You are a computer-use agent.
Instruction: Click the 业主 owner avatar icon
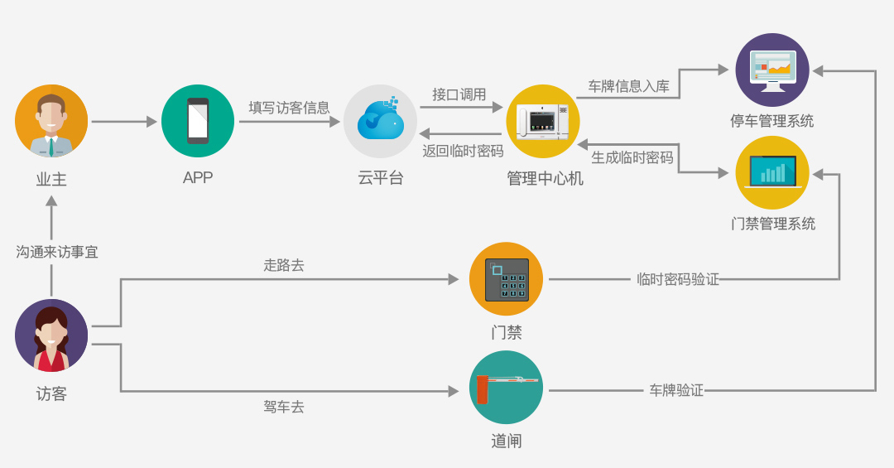(x=51, y=121)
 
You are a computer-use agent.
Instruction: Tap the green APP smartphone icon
(x=198, y=121)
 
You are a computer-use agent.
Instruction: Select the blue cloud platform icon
(x=380, y=121)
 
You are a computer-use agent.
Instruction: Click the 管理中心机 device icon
(x=542, y=121)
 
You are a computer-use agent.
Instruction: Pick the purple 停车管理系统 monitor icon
(x=772, y=70)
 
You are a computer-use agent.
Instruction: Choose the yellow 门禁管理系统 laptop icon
(x=772, y=172)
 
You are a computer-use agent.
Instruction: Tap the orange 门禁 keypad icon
(x=506, y=279)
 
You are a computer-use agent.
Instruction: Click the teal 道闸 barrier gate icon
(x=506, y=388)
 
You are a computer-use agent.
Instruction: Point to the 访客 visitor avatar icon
(x=51, y=335)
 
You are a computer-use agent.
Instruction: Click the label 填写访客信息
(x=290, y=108)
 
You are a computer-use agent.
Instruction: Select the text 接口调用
(x=459, y=94)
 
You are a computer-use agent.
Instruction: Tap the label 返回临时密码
(x=463, y=151)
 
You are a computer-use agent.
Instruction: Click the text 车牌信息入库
(x=628, y=86)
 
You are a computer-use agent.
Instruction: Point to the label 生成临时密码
(x=632, y=157)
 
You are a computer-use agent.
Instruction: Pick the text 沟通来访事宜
(x=57, y=252)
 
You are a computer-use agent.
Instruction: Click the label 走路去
(x=284, y=266)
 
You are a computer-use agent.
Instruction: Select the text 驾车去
(x=284, y=407)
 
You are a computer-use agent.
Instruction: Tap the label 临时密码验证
(x=678, y=279)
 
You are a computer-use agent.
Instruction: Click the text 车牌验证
(x=676, y=389)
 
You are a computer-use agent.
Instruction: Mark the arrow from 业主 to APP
(x=123, y=122)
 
